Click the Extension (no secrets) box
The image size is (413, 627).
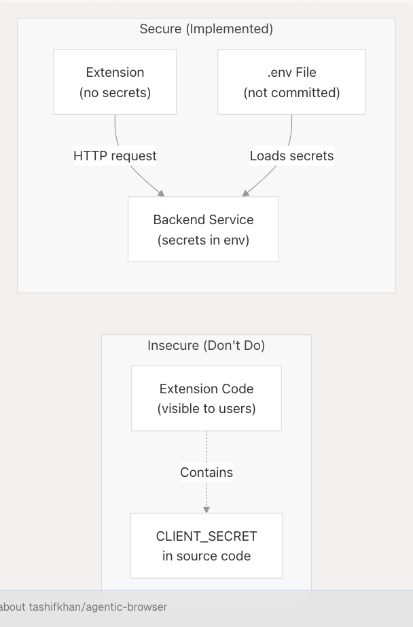(115, 82)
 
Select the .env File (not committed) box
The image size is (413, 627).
(291, 82)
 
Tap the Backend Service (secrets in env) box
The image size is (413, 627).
(203, 229)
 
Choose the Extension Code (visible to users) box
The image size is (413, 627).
(206, 398)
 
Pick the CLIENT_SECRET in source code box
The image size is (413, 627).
(206, 545)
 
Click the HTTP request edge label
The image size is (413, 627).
(115, 156)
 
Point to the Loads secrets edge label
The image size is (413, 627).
(291, 156)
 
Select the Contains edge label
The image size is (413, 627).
(206, 472)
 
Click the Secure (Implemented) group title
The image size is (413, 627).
(206, 29)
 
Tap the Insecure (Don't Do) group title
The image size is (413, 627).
(206, 345)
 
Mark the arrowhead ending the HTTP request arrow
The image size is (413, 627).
(161, 194)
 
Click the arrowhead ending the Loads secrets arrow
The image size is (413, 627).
(246, 194)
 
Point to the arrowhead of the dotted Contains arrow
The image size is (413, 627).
(206, 509)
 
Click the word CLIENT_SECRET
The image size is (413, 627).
(206, 536)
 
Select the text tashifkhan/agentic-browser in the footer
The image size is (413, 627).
(98, 607)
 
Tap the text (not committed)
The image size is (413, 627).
(291, 92)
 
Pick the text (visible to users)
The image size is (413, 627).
(206, 408)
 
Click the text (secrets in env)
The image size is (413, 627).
(203, 239)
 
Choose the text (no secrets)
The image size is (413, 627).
(115, 92)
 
